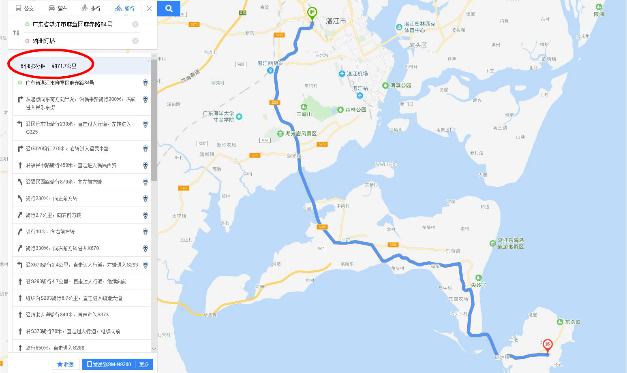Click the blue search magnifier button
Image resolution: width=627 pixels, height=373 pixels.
click(x=169, y=9)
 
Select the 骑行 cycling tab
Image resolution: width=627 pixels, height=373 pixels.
click(x=125, y=9)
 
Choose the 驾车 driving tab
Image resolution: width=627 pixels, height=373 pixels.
click(x=58, y=9)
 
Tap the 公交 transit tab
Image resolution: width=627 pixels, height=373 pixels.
click(x=25, y=9)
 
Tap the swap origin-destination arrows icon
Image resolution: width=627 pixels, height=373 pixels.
click(x=16, y=33)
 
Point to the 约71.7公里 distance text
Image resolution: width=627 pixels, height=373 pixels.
click(x=64, y=66)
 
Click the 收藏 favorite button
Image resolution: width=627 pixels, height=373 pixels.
click(x=66, y=364)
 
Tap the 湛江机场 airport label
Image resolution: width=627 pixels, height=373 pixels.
click(x=357, y=74)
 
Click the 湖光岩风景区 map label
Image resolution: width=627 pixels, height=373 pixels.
click(x=300, y=134)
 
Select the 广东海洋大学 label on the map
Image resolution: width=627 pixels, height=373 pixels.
click(x=219, y=116)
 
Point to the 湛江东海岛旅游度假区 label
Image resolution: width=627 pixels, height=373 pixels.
click(x=510, y=243)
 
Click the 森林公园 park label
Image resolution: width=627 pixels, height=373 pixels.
click(x=355, y=110)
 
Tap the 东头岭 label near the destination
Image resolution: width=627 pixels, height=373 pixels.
click(x=572, y=322)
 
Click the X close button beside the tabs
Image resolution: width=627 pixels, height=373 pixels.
click(x=149, y=9)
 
